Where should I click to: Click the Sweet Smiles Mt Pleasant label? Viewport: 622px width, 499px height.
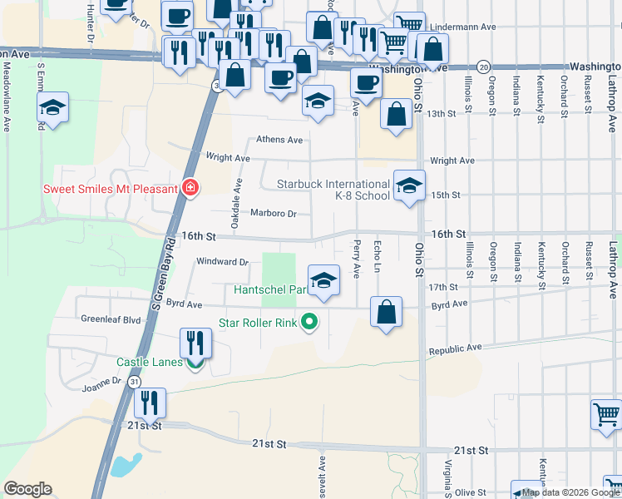click(x=111, y=189)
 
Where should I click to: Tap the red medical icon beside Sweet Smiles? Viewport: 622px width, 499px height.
click(x=190, y=189)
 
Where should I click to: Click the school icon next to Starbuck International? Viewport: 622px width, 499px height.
click(x=408, y=186)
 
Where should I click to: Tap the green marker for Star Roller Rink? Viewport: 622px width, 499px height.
click(x=309, y=321)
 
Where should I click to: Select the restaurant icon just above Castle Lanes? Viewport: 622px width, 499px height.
click(x=196, y=343)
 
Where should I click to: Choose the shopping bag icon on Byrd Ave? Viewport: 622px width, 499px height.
click(x=387, y=313)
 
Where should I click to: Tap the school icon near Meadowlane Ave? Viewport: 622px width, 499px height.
click(x=52, y=107)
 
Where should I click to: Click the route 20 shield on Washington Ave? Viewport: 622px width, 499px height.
click(x=483, y=67)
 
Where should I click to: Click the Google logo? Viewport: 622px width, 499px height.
click(x=28, y=489)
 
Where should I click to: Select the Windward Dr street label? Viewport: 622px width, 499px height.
click(x=222, y=261)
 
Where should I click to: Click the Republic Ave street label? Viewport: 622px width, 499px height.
click(x=456, y=348)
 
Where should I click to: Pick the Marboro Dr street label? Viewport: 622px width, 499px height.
click(x=274, y=214)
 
